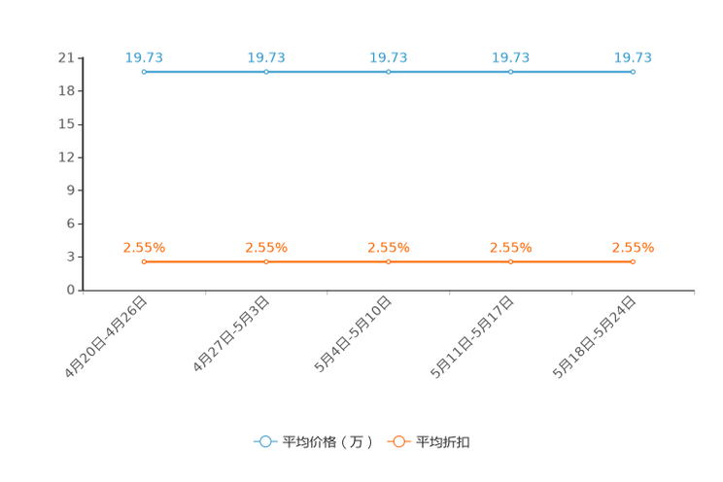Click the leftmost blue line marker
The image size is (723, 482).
[144, 72]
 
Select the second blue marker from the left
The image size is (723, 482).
[266, 72]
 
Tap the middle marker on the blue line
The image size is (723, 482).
[389, 72]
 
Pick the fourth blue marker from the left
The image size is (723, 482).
[511, 72]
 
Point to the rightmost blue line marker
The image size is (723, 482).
[633, 72]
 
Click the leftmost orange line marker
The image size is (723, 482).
[144, 261]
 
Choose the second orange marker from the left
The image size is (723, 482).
[266, 261]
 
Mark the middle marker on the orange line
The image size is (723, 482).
[389, 261]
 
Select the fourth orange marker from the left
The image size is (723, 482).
[511, 261]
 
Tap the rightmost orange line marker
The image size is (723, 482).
[633, 261]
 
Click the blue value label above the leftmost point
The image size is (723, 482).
[144, 57]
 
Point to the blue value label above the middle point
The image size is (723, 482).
[389, 57]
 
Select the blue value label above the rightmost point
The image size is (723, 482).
[633, 57]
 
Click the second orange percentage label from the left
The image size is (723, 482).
[266, 248]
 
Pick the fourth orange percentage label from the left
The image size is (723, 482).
[511, 248]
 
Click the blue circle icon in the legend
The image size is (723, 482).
[265, 441]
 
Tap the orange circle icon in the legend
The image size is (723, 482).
[398, 441]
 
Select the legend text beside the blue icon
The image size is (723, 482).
[327, 442]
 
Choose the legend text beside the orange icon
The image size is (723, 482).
[443, 442]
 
